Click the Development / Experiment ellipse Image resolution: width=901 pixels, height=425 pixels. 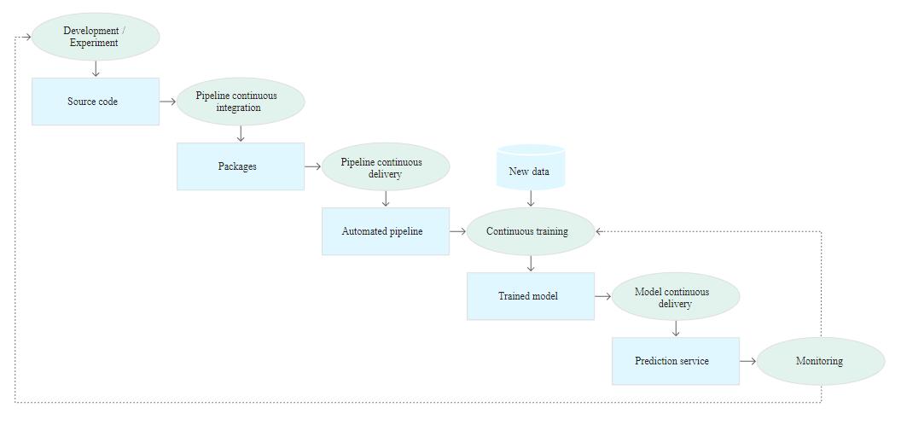point(96,37)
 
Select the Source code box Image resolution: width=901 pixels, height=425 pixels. point(96,102)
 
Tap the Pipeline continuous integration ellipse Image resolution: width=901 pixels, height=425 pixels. point(241,102)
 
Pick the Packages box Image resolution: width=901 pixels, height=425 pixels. point(241,166)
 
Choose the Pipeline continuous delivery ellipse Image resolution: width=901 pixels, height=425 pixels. point(386,166)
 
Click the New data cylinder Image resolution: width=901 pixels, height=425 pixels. point(531,167)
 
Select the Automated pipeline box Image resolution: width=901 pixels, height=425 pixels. point(386,231)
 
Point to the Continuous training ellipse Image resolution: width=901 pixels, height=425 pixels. point(531,231)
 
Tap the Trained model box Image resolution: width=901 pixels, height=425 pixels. point(531,296)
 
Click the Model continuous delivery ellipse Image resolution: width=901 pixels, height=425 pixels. point(676,296)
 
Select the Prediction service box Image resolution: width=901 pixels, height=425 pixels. point(676,361)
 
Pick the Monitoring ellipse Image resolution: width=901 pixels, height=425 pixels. point(821,361)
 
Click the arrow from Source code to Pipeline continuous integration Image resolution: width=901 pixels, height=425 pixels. point(168,102)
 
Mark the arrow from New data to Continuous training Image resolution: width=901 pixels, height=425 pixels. point(531,198)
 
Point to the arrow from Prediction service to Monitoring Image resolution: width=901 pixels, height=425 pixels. point(747,361)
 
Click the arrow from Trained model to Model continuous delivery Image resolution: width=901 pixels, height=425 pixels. point(602,296)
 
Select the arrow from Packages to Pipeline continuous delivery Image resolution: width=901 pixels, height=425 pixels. point(312,166)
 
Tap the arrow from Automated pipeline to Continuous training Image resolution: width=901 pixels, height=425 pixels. point(457,231)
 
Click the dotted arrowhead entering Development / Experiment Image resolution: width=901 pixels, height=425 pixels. point(27,37)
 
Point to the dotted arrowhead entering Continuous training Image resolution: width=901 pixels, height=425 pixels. point(599,231)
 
